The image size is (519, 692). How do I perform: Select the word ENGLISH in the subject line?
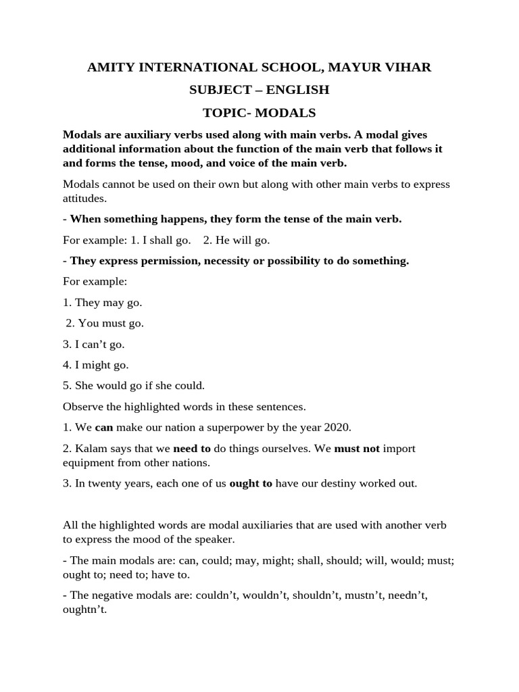click(x=297, y=90)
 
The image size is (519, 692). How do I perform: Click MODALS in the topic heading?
click(x=287, y=112)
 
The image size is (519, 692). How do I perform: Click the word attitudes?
click(x=84, y=199)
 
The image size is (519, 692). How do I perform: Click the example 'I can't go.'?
click(x=93, y=344)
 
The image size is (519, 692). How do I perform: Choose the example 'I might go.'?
click(x=95, y=365)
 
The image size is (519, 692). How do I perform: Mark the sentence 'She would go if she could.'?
click(x=133, y=386)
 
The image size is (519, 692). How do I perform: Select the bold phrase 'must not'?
click(x=357, y=449)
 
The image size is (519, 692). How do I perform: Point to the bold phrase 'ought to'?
click(x=251, y=484)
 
